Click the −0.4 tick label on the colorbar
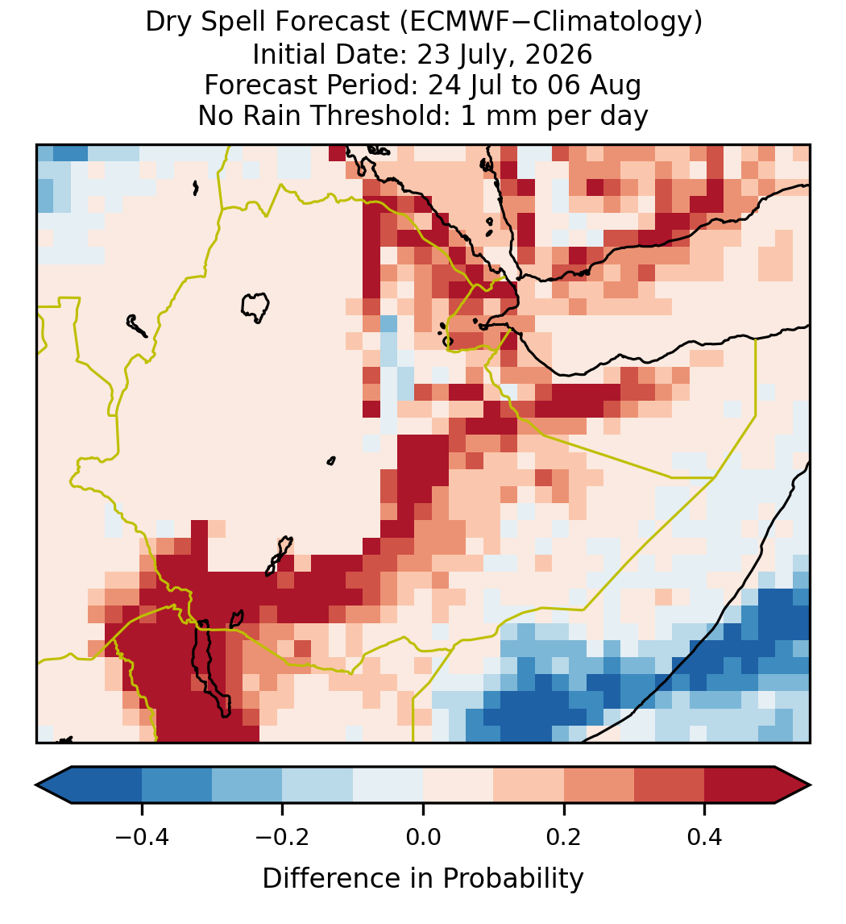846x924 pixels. tap(141, 836)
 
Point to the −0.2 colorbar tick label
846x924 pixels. tap(282, 836)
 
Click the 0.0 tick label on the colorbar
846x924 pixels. tap(423, 836)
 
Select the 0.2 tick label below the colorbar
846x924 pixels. tap(564, 836)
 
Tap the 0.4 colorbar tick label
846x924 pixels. tap(705, 836)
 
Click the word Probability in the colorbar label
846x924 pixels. tap(513, 879)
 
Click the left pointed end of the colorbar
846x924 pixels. tap(36, 785)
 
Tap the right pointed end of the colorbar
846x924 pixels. tap(810, 785)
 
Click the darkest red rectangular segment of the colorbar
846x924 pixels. tap(740, 785)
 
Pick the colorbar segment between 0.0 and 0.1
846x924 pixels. tap(458, 785)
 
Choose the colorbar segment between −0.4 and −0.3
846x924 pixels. tap(176, 785)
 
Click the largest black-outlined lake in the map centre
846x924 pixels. tap(255, 307)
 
